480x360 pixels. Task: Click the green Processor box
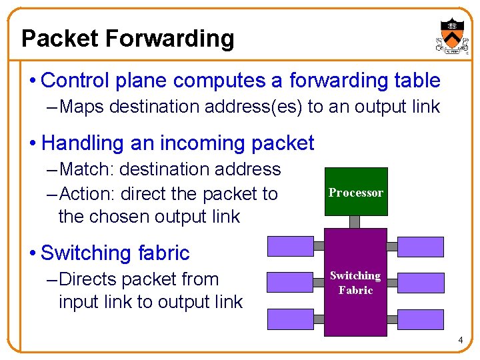356,192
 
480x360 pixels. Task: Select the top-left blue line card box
289,247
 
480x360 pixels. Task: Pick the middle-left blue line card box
289,283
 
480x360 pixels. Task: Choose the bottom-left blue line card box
289,319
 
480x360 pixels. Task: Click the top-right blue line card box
421,247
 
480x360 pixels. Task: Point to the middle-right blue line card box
421,283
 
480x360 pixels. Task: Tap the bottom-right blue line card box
421,319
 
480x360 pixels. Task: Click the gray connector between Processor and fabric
355,222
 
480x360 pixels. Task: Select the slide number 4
460,341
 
